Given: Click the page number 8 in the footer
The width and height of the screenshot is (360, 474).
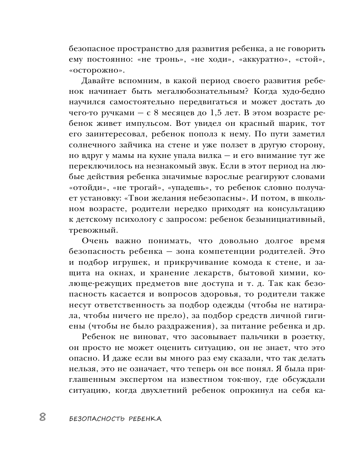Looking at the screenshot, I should tap(42, 417).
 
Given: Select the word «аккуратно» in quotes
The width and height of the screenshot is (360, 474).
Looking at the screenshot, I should tap(261, 59).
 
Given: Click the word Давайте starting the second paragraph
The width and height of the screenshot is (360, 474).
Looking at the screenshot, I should tap(98, 81).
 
